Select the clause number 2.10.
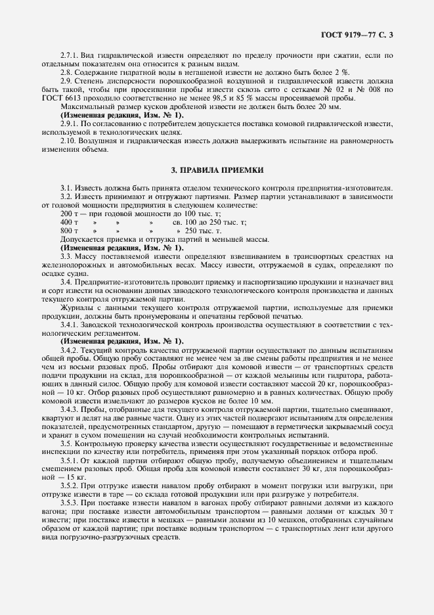68,141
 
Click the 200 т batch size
70,214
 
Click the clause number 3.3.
66,256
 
